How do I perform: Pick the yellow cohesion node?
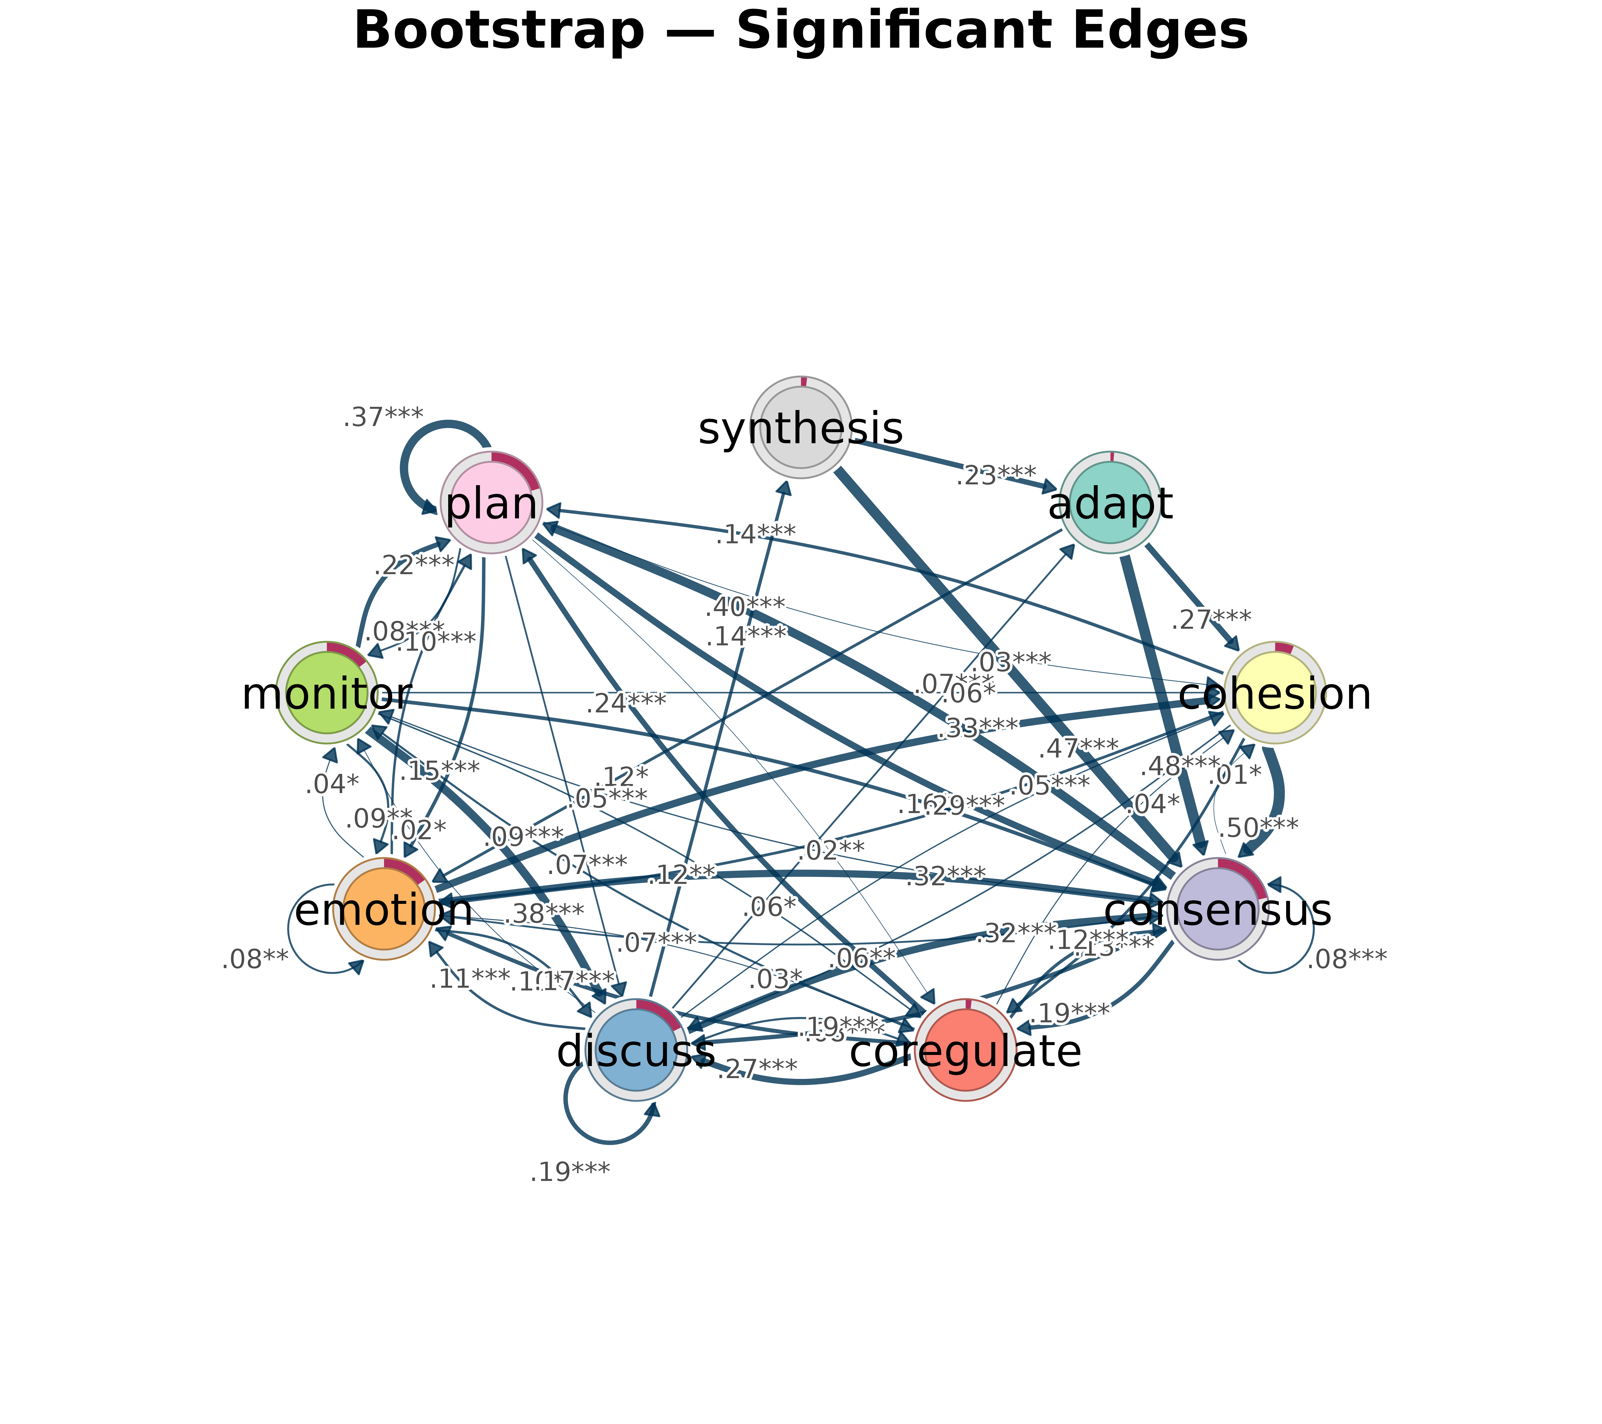(x=1274, y=693)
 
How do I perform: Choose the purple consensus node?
(x=1217, y=909)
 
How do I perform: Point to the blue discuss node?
(x=636, y=1050)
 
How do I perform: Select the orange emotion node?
(x=384, y=909)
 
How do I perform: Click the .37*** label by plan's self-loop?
(x=383, y=417)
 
